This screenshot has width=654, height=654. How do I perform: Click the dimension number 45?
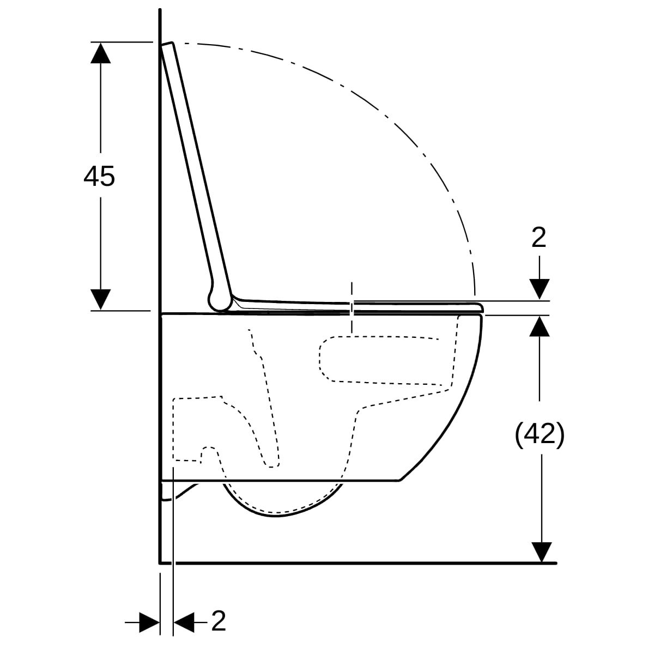point(99,177)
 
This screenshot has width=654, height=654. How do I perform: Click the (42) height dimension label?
point(540,435)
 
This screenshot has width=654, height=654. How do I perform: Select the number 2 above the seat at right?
point(539,238)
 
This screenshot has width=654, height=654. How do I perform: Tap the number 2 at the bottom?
point(219,621)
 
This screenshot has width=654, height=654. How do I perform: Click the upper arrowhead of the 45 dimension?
point(100,53)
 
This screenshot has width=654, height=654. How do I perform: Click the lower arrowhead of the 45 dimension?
point(100,300)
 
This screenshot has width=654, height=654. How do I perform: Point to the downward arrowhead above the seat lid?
point(540,289)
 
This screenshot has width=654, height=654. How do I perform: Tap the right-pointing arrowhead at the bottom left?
point(150,622)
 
